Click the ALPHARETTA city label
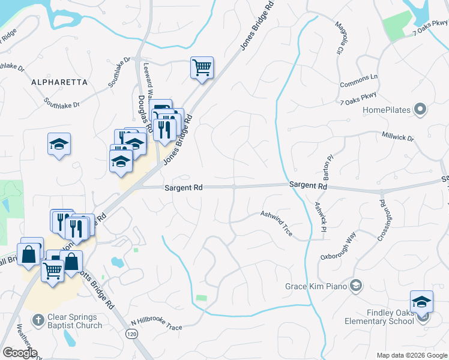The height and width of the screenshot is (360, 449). click(59, 82)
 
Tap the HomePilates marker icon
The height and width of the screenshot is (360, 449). click(420, 110)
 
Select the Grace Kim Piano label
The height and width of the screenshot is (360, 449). click(316, 286)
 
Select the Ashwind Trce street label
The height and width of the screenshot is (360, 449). click(277, 223)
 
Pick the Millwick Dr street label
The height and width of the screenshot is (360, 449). click(398, 137)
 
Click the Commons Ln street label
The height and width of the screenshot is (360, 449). click(358, 81)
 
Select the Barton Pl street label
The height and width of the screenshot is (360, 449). click(328, 168)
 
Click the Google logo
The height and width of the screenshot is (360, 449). click(20, 353)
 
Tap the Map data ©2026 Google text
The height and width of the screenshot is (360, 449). click(411, 355)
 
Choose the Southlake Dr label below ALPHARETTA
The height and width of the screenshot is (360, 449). click(62, 104)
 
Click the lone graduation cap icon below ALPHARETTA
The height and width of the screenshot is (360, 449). click(59, 144)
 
